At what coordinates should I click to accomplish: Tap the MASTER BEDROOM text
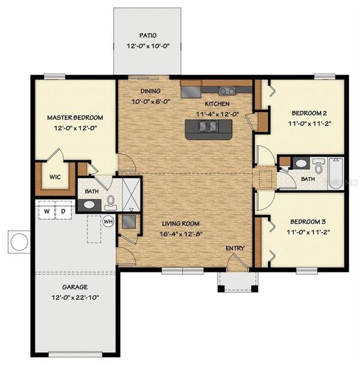pyautogui.click(x=75, y=117)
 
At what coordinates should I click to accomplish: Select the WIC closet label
pyautogui.click(x=54, y=178)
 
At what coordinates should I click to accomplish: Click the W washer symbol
pyautogui.click(x=46, y=212)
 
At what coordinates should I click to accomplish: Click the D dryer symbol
pyautogui.click(x=63, y=212)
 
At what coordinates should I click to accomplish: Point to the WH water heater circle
pyautogui.click(x=109, y=221)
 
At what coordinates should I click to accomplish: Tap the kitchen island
pyautogui.click(x=208, y=127)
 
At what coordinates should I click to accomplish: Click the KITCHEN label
pyautogui.click(x=217, y=104)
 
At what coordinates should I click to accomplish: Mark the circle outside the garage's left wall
pyautogui.click(x=17, y=242)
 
